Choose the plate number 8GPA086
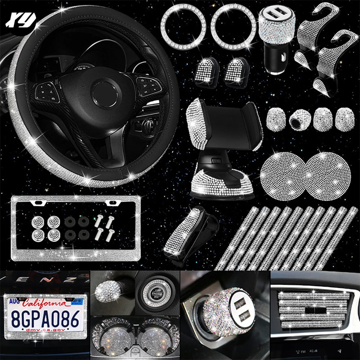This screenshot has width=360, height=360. coord(45,319)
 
